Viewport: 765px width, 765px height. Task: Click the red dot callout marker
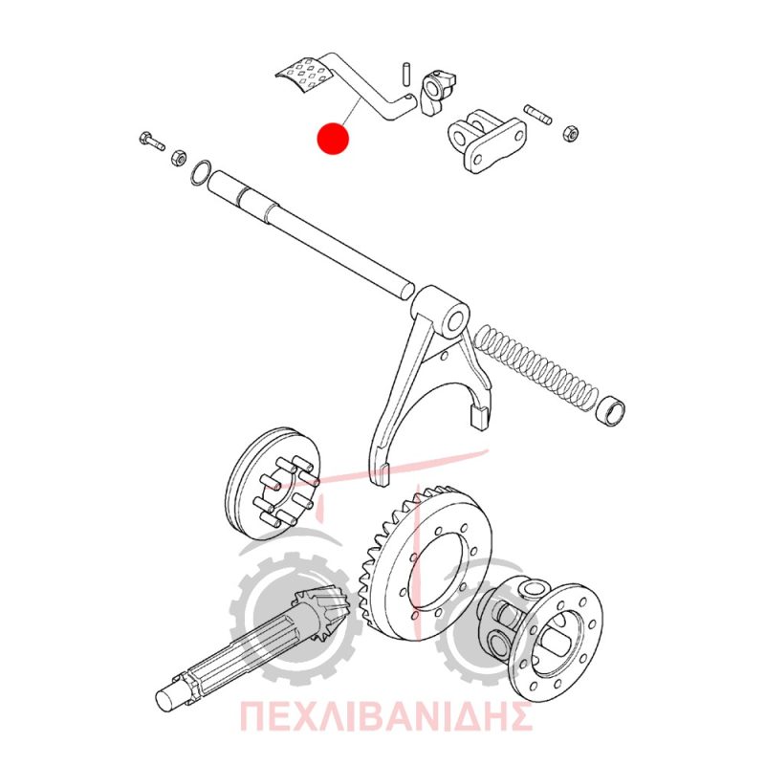(333, 138)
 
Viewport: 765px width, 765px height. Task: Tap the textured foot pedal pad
(304, 75)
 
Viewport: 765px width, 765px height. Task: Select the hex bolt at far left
(151, 141)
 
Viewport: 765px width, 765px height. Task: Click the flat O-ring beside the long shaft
(201, 172)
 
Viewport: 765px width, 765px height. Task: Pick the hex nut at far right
(570, 133)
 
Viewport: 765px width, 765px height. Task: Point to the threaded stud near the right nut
(537, 114)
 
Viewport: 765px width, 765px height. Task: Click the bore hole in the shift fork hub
(456, 322)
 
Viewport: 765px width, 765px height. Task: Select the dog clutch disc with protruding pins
(274, 484)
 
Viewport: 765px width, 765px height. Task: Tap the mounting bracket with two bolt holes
(487, 140)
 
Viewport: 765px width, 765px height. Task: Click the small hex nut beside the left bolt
(179, 157)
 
